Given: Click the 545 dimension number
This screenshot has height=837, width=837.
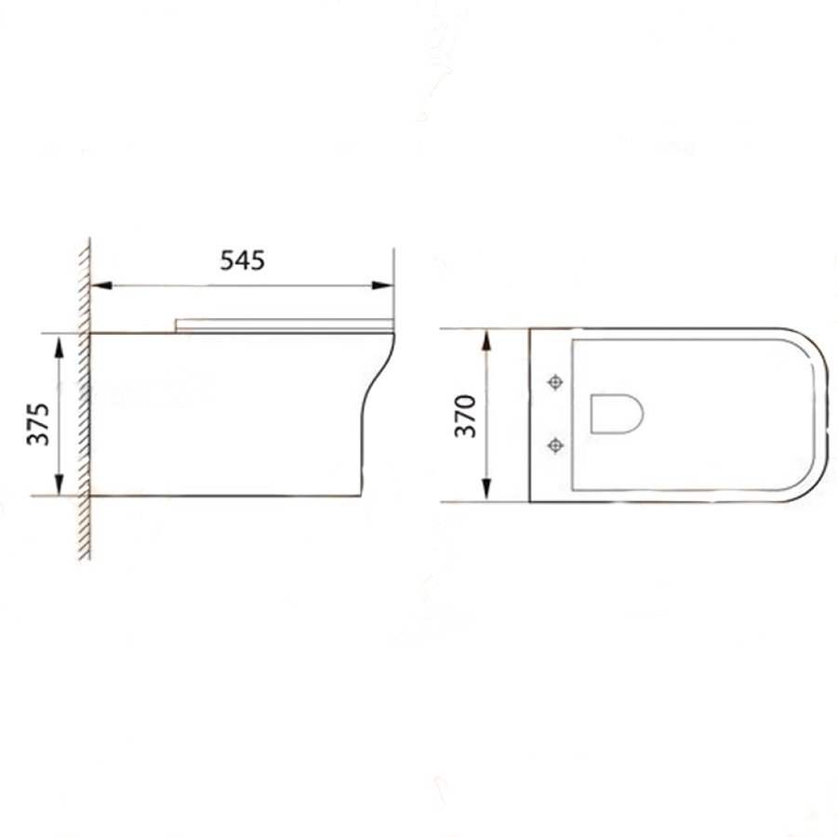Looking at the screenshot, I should coord(242,261).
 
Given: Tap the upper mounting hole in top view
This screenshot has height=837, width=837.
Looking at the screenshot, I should coord(556,382).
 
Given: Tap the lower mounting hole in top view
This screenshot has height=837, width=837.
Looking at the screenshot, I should coord(556,445).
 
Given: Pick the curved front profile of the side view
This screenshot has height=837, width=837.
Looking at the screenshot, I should coord(377,391).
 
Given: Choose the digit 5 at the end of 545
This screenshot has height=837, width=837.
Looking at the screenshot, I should coord(257,261).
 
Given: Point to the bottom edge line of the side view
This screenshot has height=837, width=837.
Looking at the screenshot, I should coord(223,496).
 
